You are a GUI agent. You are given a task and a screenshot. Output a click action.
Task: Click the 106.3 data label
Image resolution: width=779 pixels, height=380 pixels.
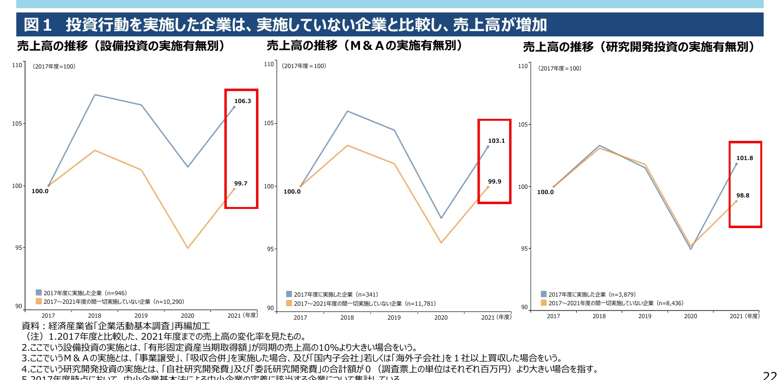pyautogui.click(x=243, y=101)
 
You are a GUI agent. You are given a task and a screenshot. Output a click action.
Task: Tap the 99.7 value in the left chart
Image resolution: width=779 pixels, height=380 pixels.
pyautogui.click(x=241, y=184)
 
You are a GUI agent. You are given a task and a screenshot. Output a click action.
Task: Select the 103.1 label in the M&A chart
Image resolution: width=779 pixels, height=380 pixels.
pyautogui.click(x=496, y=141)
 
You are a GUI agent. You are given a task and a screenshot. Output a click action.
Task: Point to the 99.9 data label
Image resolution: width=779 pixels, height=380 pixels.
pyautogui.click(x=494, y=182)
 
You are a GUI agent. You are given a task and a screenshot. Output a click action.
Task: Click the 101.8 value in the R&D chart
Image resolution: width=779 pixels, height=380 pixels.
pyautogui.click(x=744, y=158)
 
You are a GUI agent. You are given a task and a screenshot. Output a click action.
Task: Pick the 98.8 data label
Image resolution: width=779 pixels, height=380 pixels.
pyautogui.click(x=743, y=196)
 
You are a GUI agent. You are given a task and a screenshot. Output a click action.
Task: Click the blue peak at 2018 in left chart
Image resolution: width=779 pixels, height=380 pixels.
pyautogui.click(x=95, y=95)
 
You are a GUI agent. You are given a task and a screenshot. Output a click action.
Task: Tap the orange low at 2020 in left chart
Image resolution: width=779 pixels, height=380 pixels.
pyautogui.click(x=187, y=248)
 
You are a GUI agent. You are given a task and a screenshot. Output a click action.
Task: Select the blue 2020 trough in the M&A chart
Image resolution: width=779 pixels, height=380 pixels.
pyautogui.click(x=441, y=218)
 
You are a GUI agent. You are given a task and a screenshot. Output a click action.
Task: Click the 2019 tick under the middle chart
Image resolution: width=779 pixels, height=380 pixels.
pyautogui.click(x=394, y=317)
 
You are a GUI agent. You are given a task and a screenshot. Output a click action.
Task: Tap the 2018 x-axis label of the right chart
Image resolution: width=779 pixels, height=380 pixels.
pyautogui.click(x=599, y=316)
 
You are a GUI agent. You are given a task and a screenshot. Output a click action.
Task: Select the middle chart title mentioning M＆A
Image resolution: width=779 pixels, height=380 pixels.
pyautogui.click(x=365, y=46)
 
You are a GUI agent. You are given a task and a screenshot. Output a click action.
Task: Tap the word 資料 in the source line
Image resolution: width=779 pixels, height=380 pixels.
pyautogui.click(x=30, y=326)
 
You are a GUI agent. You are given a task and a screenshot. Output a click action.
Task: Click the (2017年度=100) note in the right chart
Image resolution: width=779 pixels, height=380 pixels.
pyautogui.click(x=559, y=69)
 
